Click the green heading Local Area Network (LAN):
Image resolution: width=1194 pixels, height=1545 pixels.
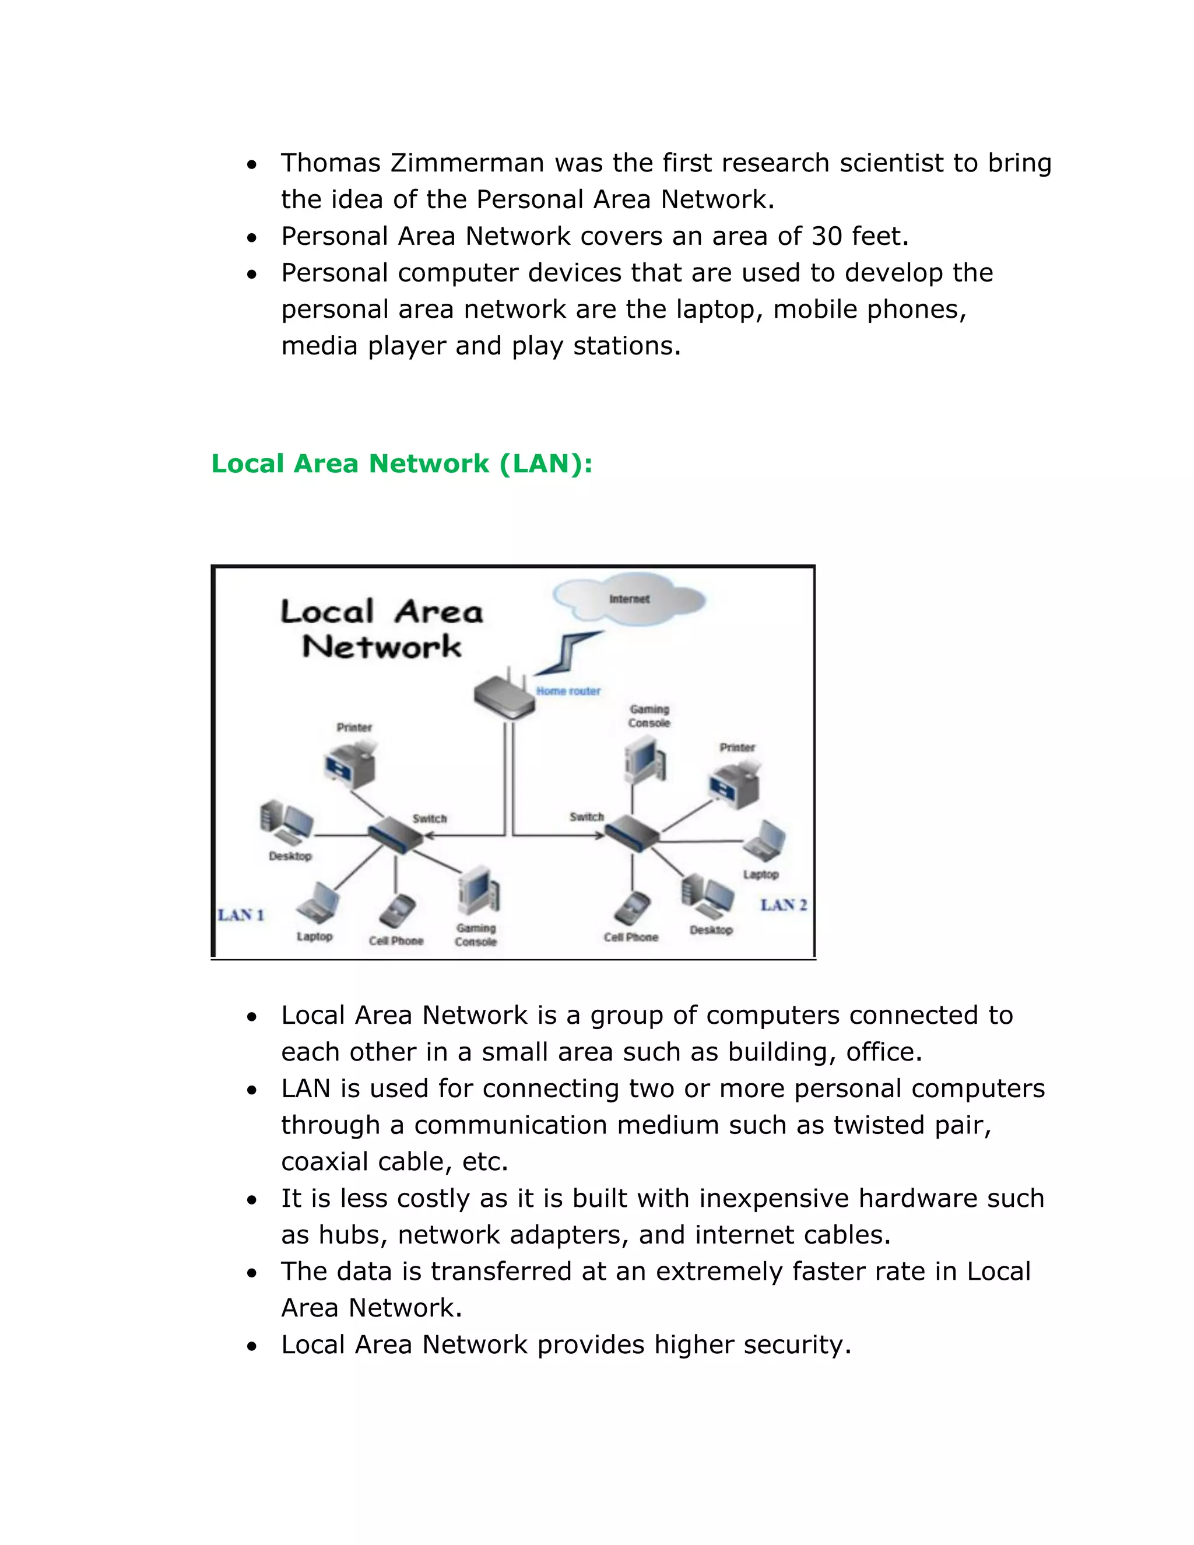pos(401,464)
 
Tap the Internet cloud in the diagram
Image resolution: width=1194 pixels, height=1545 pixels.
pos(629,599)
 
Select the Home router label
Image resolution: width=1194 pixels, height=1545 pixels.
pos(568,690)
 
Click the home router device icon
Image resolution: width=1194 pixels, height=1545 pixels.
pos(504,698)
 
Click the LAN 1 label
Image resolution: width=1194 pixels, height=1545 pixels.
pos(241,915)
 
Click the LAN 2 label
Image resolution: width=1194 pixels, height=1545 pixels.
pos(783,905)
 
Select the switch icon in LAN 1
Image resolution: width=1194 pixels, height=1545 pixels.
pos(395,835)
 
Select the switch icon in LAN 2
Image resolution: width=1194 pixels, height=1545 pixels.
pos(631,833)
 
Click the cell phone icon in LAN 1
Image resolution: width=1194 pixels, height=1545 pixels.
pos(397,911)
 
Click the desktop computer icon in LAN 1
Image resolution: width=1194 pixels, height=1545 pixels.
pos(286,823)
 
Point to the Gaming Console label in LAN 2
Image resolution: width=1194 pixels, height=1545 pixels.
pos(649,715)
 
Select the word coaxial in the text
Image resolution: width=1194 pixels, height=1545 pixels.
pos(325,1161)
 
